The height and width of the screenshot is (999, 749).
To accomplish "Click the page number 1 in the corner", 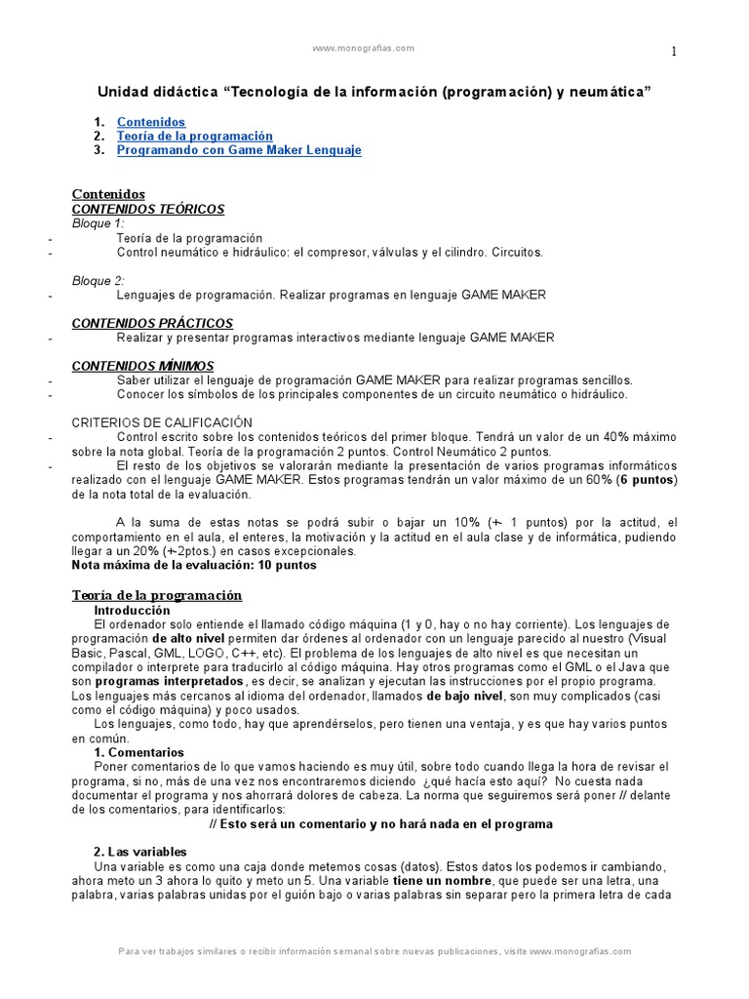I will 673,53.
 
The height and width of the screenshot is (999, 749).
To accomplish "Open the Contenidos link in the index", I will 150,122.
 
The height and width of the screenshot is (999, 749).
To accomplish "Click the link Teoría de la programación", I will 194,137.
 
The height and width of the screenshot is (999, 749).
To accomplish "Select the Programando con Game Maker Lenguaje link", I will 239,150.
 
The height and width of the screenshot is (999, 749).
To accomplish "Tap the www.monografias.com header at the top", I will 363,48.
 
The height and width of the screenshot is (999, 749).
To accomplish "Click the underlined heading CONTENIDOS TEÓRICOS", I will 148,209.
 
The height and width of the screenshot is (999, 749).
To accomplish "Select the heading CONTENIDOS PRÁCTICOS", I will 153,323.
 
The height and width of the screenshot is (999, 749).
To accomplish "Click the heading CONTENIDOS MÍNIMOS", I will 143,365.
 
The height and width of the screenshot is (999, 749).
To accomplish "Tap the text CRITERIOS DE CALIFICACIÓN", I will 163,422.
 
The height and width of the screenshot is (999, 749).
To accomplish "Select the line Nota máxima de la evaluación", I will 195,564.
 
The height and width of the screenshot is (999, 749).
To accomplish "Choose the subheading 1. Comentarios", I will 138,753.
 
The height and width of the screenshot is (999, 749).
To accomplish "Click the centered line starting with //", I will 381,823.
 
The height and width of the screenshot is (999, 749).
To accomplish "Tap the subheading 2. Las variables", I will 140,852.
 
